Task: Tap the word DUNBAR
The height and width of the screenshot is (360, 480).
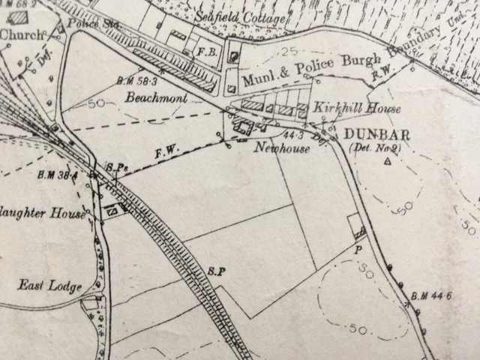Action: [372, 135]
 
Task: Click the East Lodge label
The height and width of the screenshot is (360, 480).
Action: [42, 285]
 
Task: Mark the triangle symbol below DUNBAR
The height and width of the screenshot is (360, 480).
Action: [388, 161]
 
